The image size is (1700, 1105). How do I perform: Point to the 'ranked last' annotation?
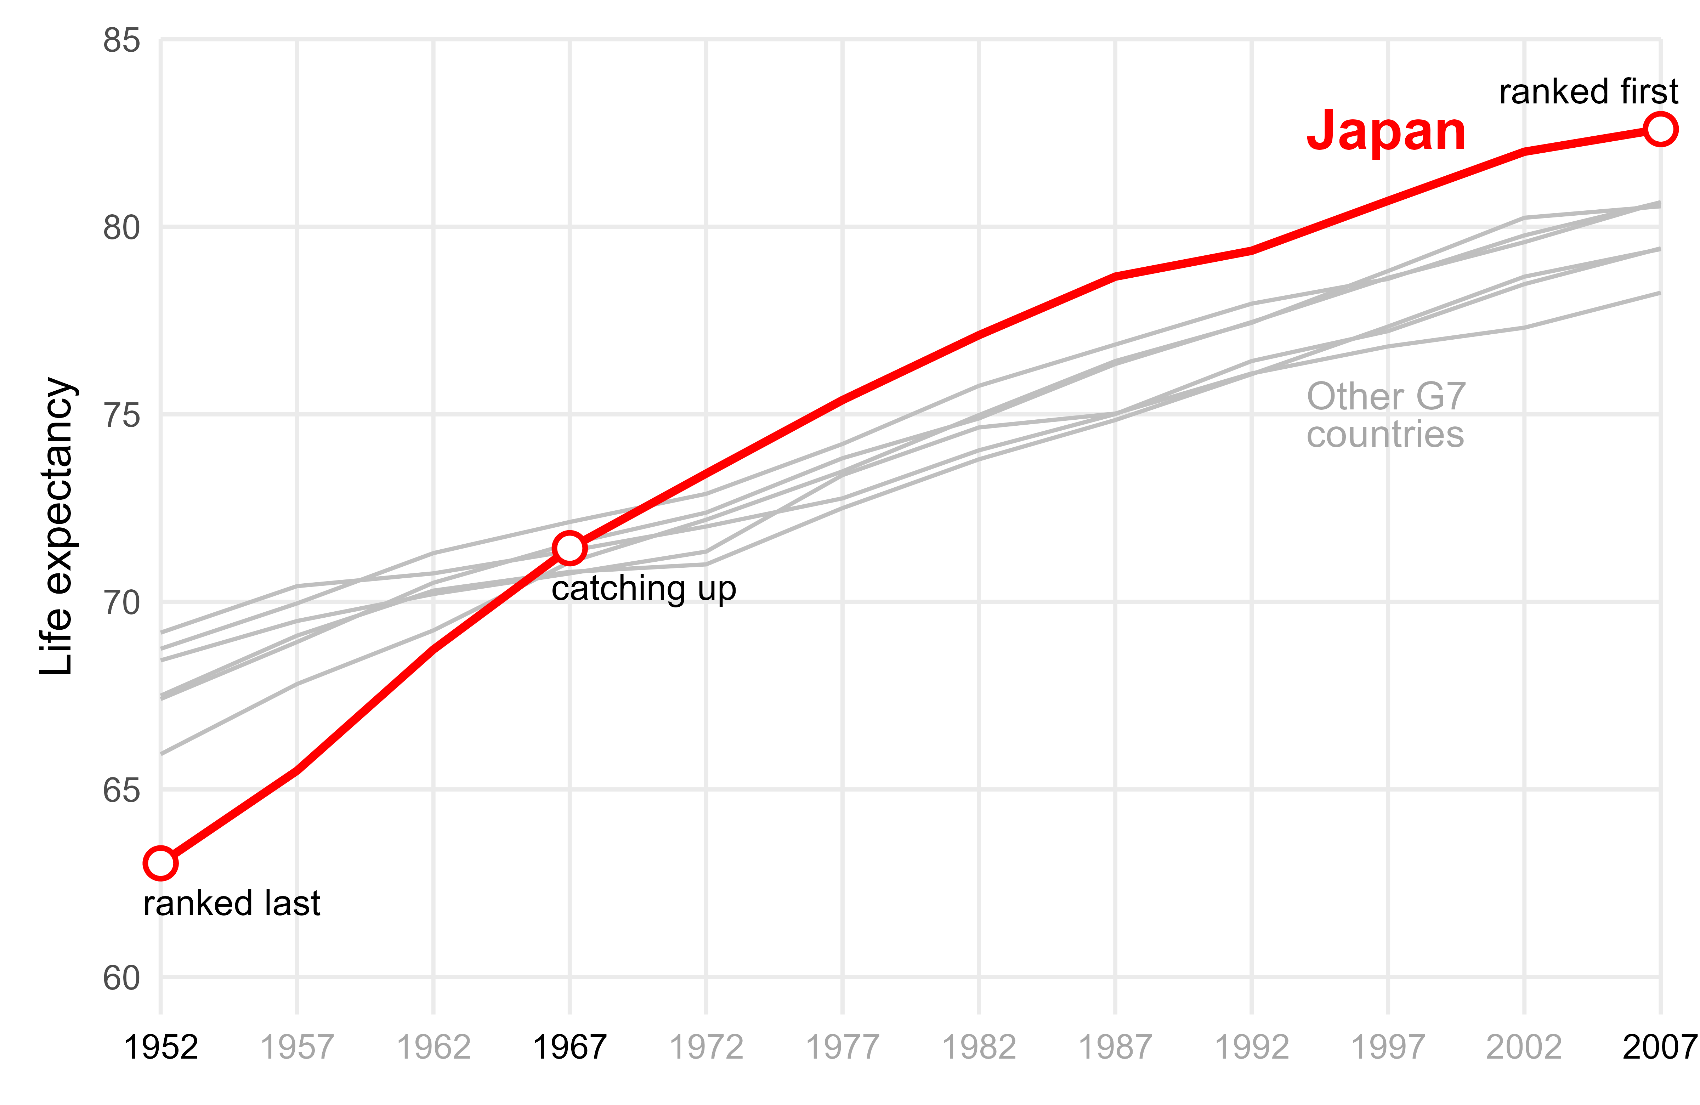[231, 903]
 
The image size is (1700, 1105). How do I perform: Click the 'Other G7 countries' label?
[1385, 415]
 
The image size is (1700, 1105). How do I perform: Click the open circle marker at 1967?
[569, 548]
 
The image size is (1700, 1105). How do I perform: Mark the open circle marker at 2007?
[1660, 129]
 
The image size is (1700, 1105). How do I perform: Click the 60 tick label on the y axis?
[121, 978]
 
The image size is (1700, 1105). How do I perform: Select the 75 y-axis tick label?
[121, 415]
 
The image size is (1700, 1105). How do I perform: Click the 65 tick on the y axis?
[121, 790]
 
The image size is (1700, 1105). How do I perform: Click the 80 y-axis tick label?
[121, 228]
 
